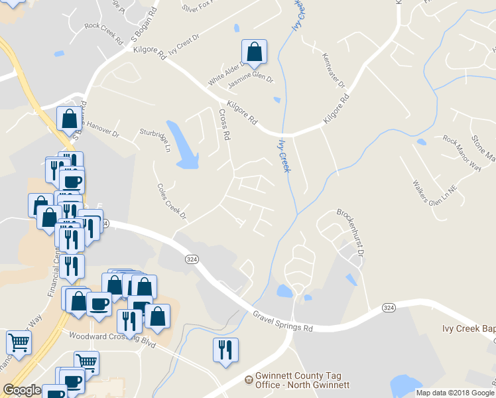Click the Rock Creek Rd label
pos(104,33)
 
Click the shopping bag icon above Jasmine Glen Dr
pos(254,52)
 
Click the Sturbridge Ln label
pos(155,141)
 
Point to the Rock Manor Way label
pos(462,153)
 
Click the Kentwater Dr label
pos(333,71)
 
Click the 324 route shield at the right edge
pos(389,308)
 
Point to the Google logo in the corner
pos(22,390)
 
